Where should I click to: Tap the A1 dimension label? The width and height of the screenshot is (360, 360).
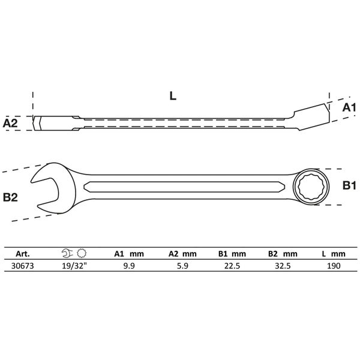point(349,107)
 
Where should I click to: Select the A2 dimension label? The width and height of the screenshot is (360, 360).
point(11,123)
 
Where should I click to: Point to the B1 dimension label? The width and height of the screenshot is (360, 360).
point(349,187)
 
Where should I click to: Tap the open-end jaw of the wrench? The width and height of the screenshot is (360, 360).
point(48,187)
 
